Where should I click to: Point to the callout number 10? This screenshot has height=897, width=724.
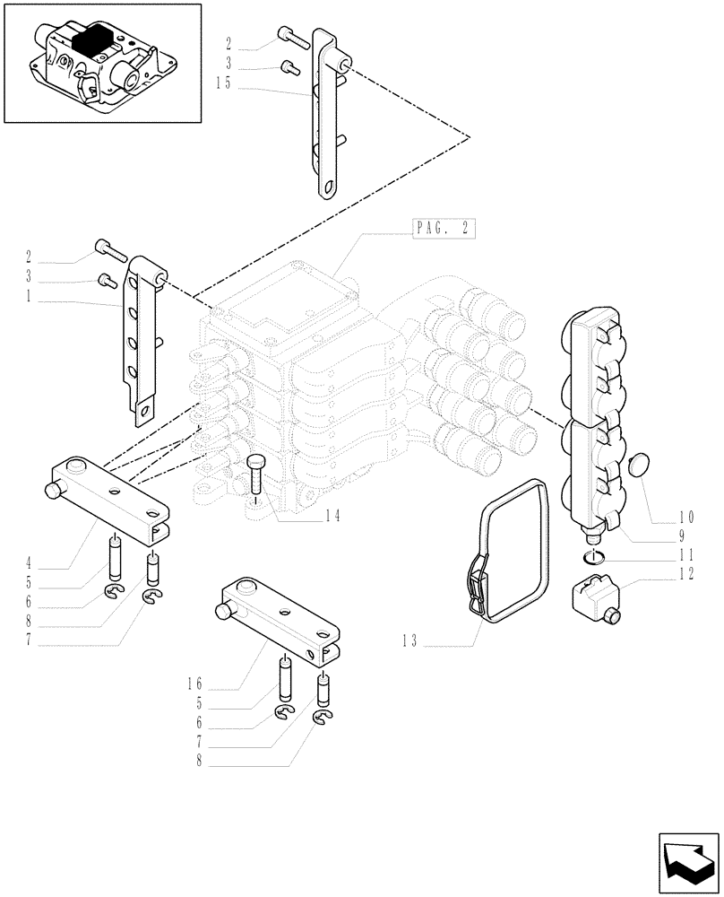point(686,517)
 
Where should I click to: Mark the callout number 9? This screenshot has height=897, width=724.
point(680,537)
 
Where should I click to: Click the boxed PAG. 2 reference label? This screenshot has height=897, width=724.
point(443,228)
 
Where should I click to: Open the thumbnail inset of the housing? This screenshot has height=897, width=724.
point(102,63)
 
